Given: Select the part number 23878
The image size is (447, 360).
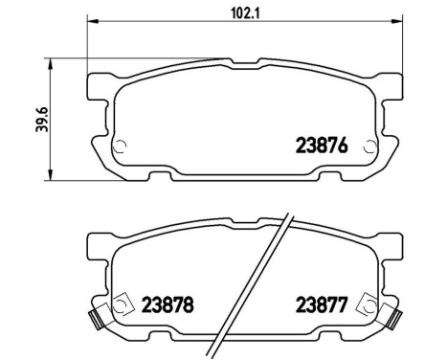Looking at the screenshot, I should pos(168,308).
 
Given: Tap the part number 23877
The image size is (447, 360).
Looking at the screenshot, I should pos(317,308).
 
